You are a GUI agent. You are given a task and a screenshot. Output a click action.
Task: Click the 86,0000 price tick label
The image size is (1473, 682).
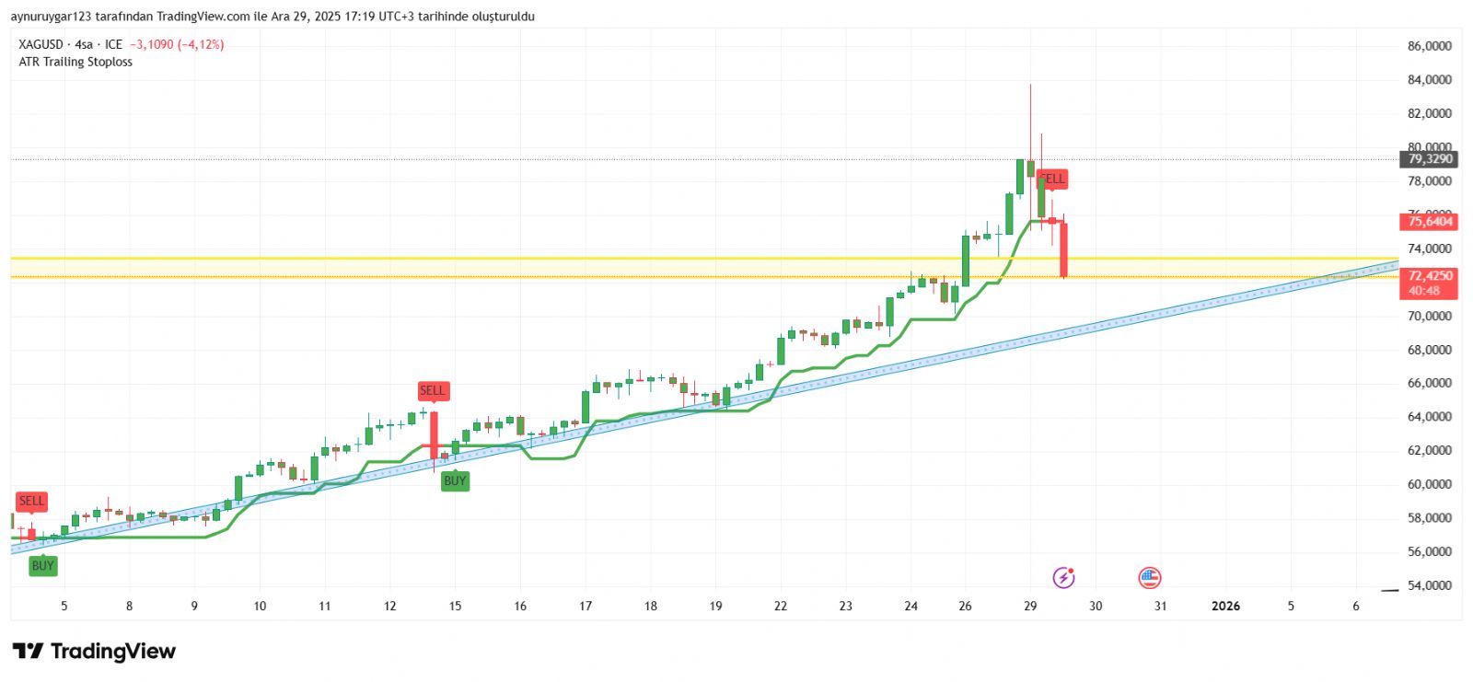point(1430,46)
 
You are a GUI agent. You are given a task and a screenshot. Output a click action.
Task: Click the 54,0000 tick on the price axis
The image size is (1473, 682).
point(1430,585)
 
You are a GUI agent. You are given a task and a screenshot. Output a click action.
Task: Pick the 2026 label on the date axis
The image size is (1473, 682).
point(1225,606)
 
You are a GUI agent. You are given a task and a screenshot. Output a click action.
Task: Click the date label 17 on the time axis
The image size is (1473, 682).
point(586,606)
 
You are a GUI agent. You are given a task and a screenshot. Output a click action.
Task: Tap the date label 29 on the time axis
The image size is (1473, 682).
point(1030,606)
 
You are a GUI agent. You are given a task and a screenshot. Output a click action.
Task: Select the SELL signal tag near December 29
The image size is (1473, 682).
point(1052,179)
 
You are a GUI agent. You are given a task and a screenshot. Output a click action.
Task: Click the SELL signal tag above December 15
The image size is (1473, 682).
point(432,390)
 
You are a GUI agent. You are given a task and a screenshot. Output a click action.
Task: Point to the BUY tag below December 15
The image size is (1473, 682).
point(455,480)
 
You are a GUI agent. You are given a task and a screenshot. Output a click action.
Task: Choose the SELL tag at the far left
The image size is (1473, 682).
point(31,501)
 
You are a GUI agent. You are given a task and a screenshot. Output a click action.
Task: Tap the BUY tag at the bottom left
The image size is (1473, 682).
point(42,565)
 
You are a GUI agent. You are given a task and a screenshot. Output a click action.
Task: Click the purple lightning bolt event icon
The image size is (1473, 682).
point(1063,577)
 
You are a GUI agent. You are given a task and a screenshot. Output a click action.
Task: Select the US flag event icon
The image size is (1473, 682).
point(1149,577)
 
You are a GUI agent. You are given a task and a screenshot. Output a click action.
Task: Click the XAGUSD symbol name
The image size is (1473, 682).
point(41,44)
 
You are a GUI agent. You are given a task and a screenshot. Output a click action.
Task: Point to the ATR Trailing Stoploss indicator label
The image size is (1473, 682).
point(75,62)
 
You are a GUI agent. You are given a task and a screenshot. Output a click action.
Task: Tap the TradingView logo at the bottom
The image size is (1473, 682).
point(94,652)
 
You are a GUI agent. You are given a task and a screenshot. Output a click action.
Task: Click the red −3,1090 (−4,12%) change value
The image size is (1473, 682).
point(177,44)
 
